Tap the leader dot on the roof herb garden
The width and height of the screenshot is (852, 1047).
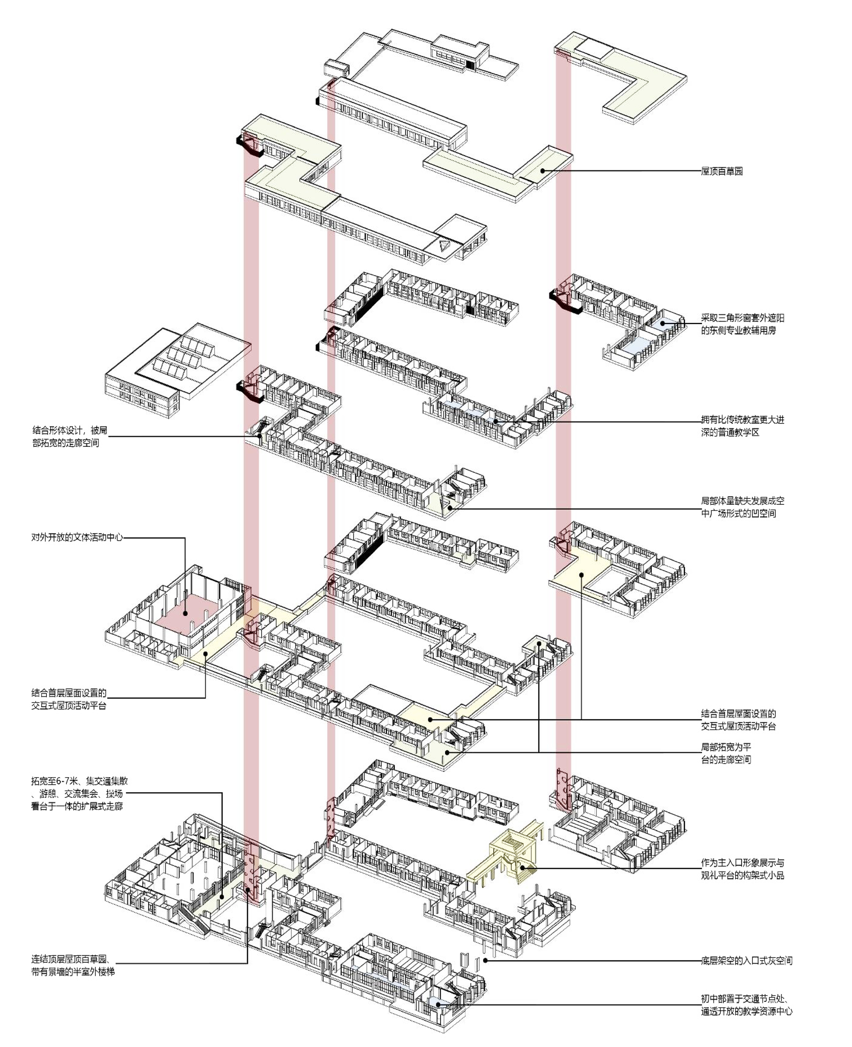point(542,171)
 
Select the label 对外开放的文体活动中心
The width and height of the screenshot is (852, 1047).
point(77,537)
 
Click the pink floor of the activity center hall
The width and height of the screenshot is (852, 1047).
point(185,613)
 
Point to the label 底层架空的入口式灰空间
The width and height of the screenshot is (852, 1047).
point(746,961)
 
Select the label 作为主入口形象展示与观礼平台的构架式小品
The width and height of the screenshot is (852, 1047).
point(742,869)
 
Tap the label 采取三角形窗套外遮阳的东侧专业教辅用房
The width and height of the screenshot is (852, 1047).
point(742,324)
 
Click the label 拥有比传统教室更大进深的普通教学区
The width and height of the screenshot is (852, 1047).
point(742,426)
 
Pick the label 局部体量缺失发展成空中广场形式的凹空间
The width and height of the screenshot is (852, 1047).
point(742,507)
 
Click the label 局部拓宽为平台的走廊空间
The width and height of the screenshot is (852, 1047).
point(725,753)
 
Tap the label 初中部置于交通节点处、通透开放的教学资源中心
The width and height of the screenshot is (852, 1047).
point(746,1005)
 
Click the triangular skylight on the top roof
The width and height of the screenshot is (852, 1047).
point(444,245)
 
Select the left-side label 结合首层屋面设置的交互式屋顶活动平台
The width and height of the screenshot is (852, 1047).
point(69,699)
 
